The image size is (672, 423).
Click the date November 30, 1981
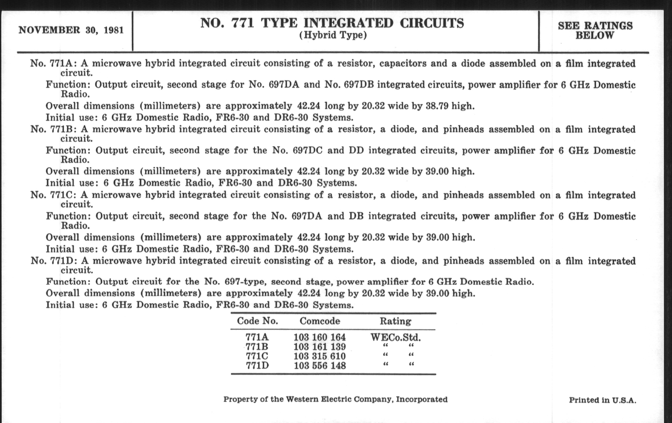coord(71,30)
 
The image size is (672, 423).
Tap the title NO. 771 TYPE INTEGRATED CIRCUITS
coord(332,23)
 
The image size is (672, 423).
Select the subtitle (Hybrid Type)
coord(333,35)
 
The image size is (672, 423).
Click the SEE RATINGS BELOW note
coord(595,30)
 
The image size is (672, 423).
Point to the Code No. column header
coord(257,321)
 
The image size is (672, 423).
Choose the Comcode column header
coord(320,321)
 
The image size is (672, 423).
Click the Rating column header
coord(395,321)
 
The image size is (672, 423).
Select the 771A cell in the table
coord(257,337)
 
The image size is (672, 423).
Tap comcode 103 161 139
coord(319,347)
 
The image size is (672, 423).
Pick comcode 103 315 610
coord(319,356)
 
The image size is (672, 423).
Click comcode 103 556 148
coord(319,365)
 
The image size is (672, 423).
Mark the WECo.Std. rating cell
coord(395,338)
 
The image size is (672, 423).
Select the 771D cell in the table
coord(257,365)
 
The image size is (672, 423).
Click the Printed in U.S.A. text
coord(603,400)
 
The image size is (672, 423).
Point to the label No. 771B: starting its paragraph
coord(53,129)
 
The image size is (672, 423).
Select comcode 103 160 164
coord(319,337)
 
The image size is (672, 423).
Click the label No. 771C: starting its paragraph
coord(53,195)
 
